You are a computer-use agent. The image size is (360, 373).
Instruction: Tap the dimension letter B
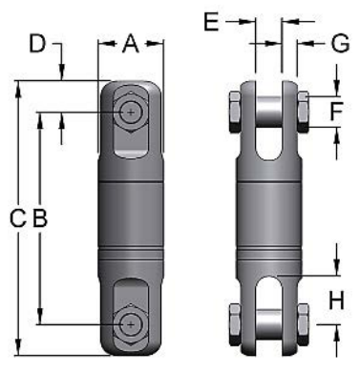coord(38,218)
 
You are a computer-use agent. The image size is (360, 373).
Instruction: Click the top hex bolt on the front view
coord(130,113)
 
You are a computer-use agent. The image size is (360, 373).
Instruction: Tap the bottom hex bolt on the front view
coord(130,322)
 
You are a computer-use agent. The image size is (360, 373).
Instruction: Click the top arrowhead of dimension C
coord(17,87)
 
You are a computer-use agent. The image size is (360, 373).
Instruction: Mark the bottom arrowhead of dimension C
coord(17,348)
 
